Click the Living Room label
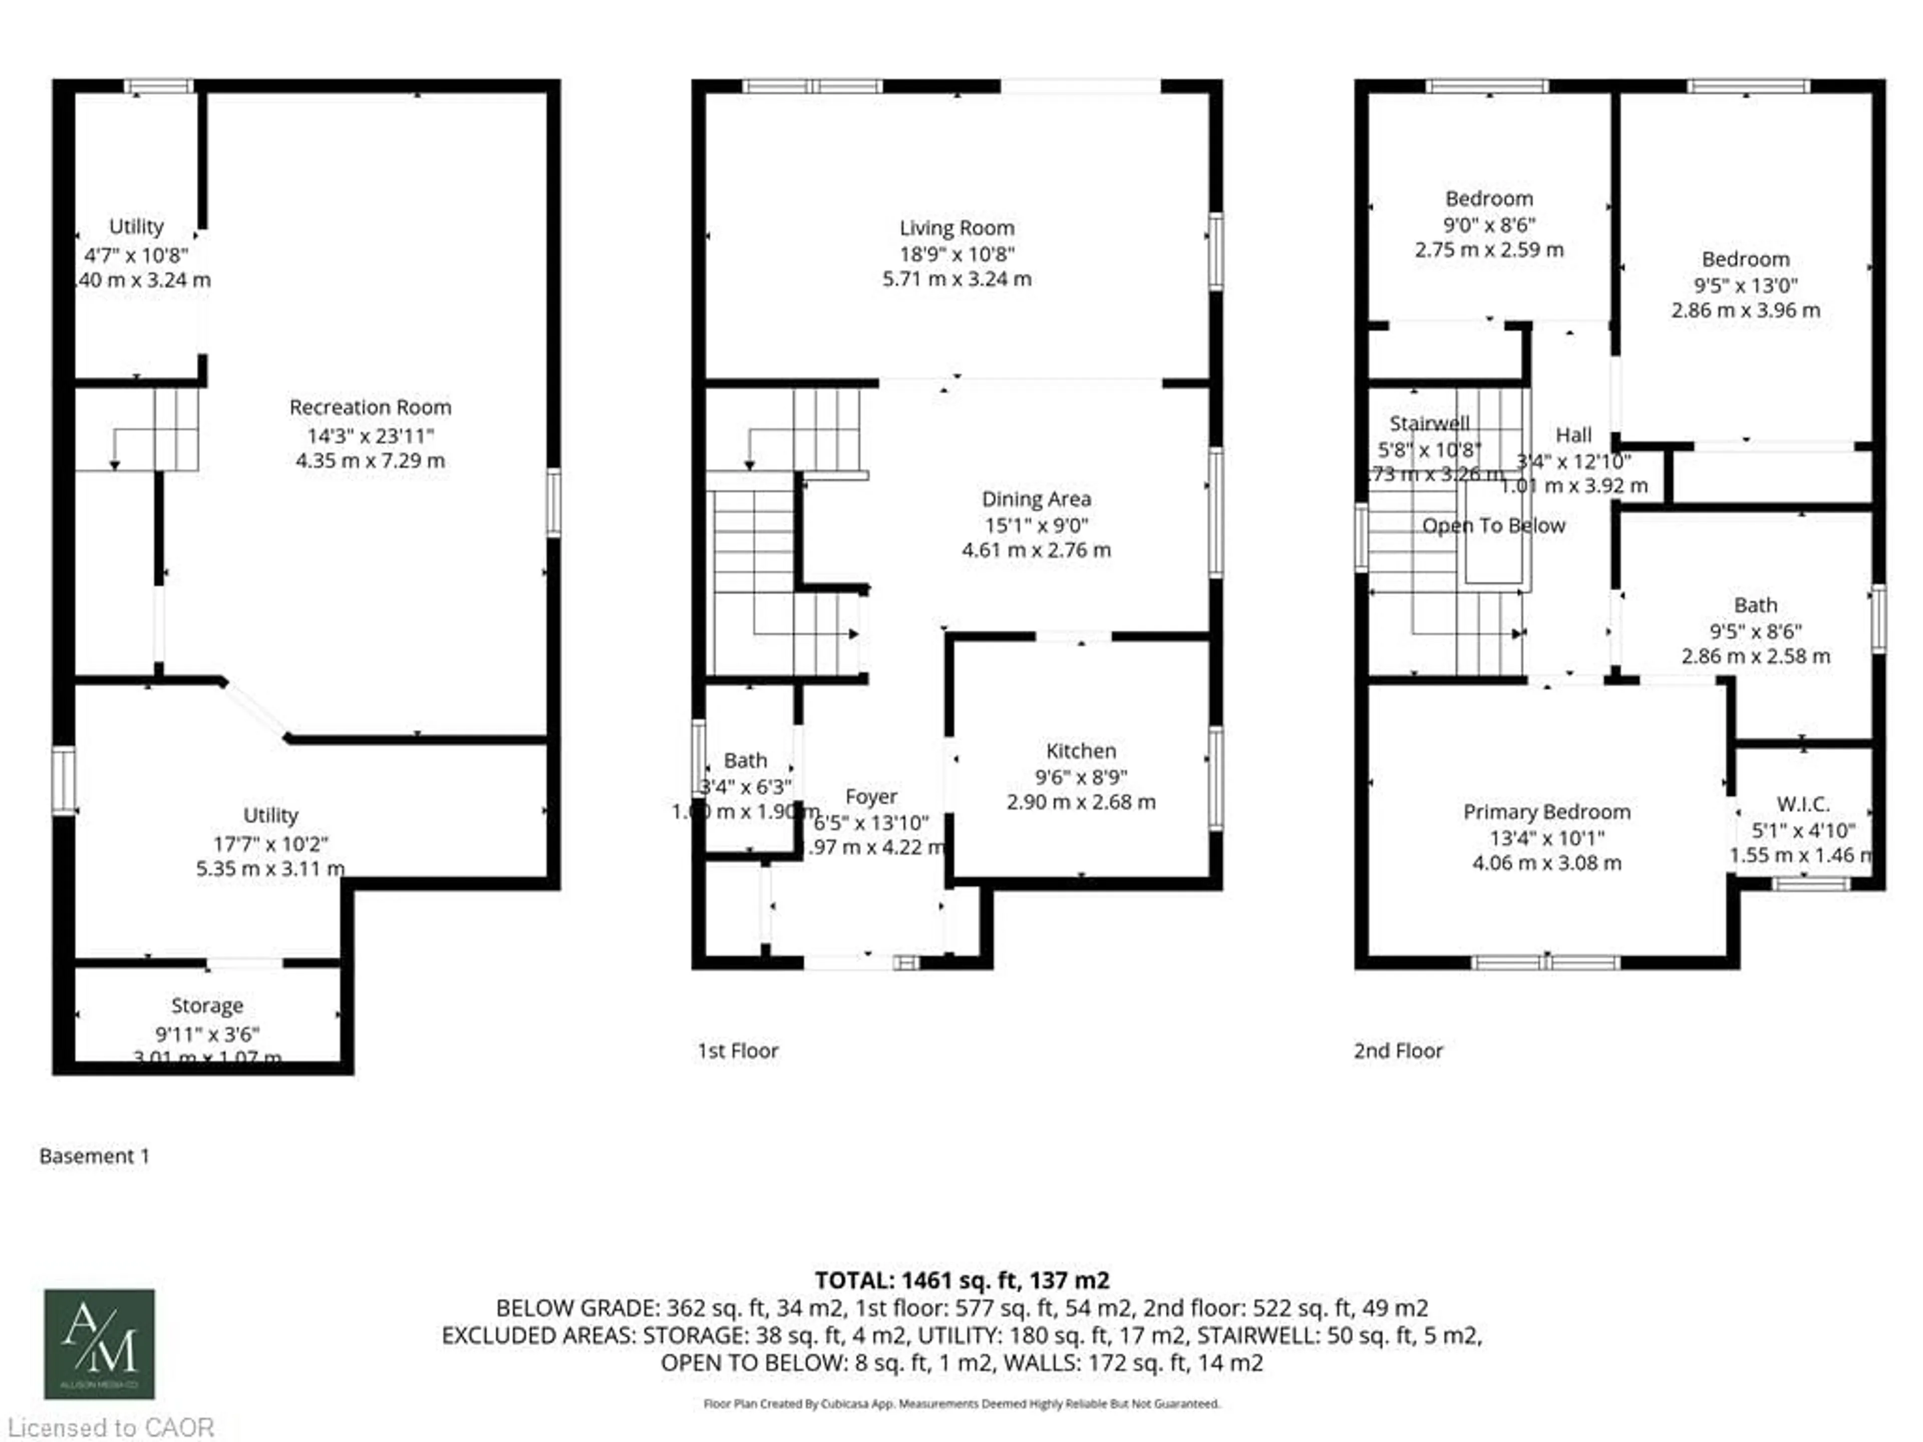(956, 228)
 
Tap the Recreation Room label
(371, 407)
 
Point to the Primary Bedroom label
(1546, 812)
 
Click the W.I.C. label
(1803, 804)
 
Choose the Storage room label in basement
(207, 1006)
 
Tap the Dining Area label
(1036, 499)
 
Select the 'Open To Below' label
(1493, 526)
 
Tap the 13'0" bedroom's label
(1745, 259)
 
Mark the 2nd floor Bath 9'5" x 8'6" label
(1755, 605)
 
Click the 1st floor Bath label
(745, 761)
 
